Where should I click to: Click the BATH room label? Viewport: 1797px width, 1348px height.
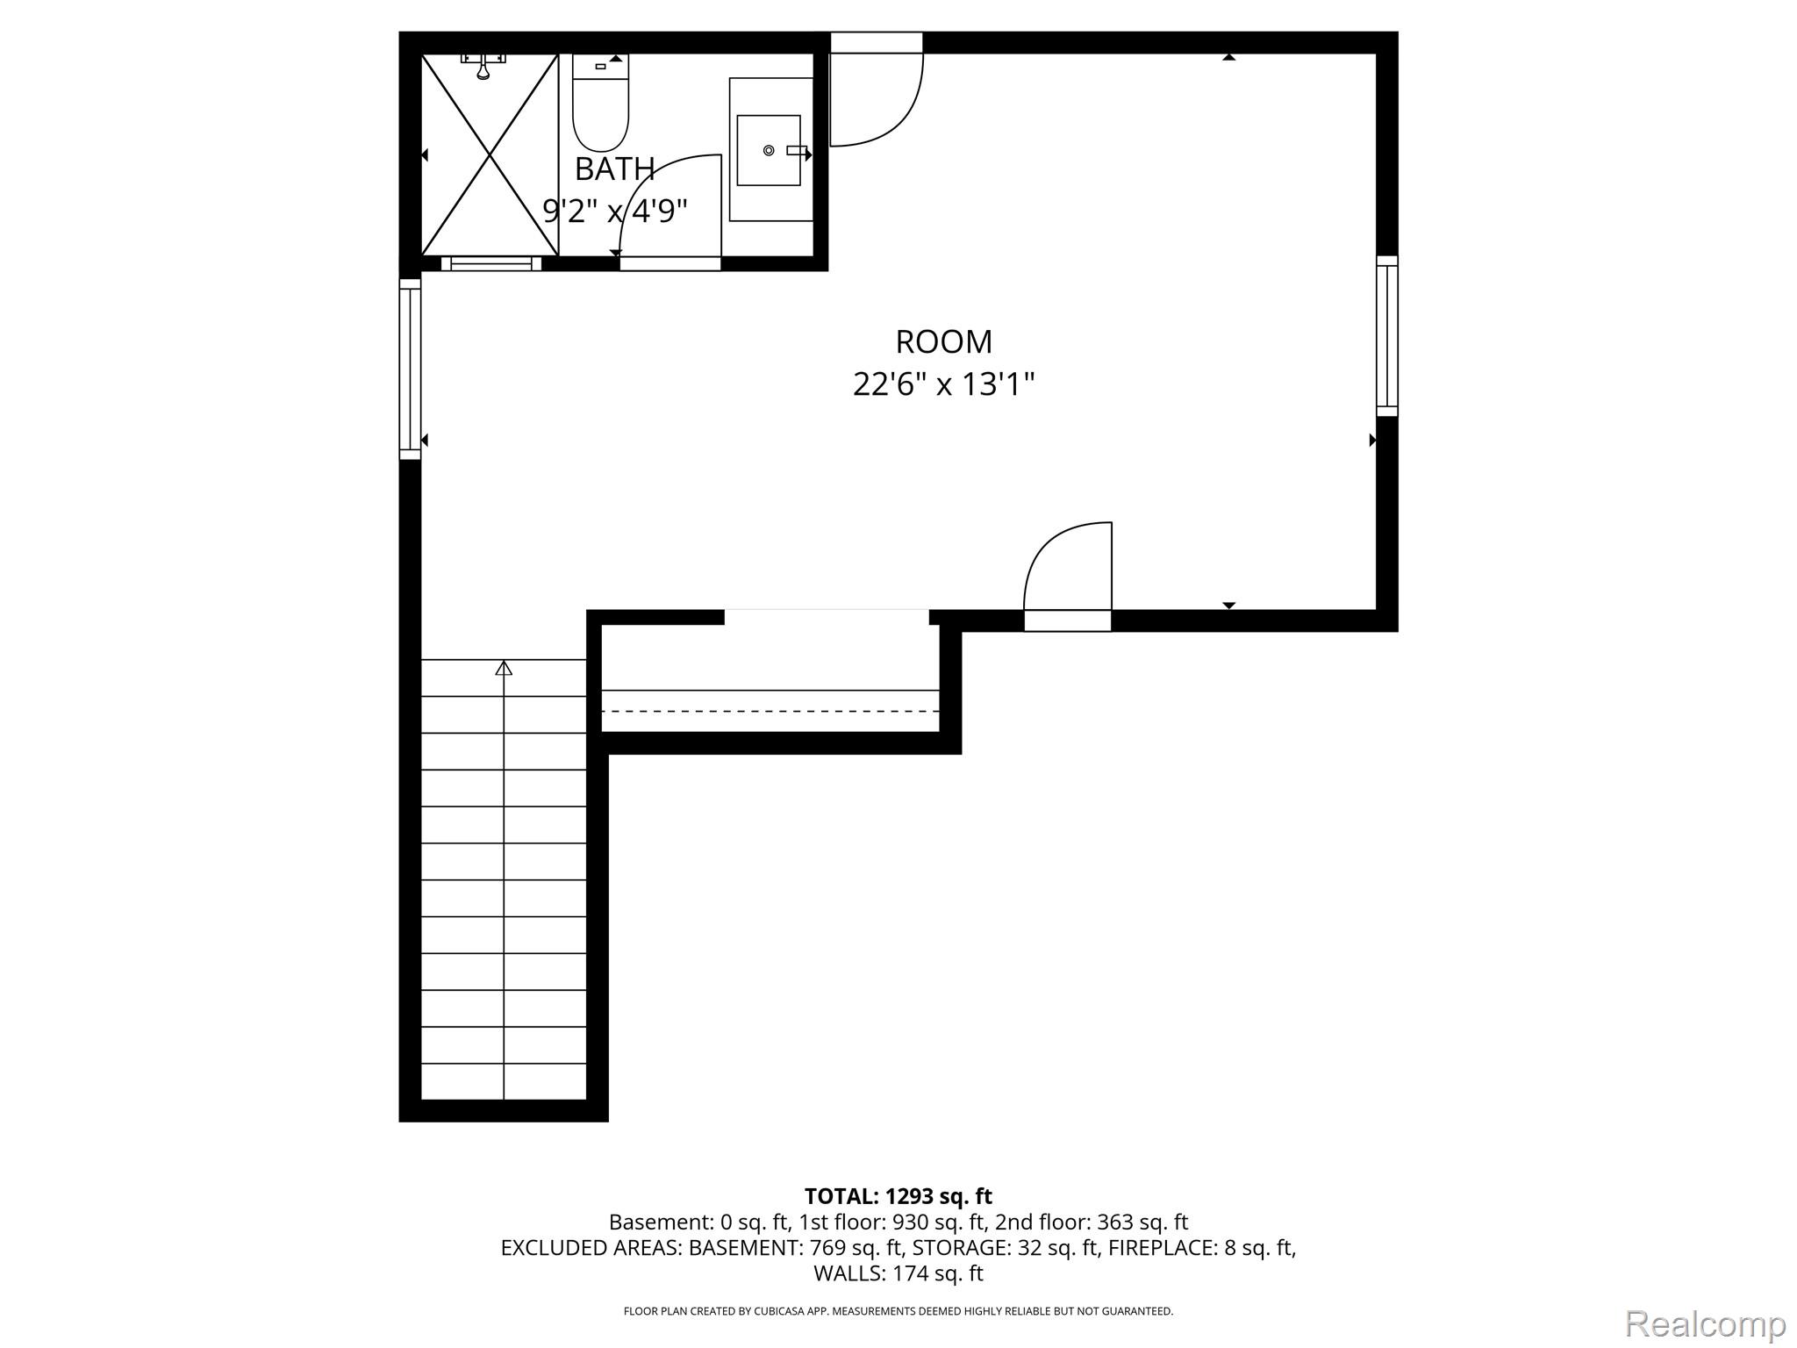click(614, 168)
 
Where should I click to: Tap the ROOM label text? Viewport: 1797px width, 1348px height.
click(943, 341)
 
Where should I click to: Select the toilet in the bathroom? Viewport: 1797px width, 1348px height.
click(600, 103)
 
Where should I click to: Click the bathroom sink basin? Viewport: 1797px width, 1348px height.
click(769, 150)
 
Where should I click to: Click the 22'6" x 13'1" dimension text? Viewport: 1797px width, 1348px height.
click(943, 384)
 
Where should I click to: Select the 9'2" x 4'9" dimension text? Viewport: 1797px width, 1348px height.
click(614, 211)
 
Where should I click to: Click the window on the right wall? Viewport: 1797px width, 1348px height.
click(1386, 336)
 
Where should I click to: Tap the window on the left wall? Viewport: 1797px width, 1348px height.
click(410, 369)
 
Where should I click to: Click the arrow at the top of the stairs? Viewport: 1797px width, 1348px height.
click(504, 669)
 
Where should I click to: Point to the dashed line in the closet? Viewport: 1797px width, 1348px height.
click(770, 711)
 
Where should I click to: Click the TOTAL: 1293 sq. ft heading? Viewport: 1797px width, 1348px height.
click(898, 1196)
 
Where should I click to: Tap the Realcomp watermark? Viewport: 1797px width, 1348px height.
click(1706, 1323)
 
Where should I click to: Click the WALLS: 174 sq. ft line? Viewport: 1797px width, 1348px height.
click(898, 1273)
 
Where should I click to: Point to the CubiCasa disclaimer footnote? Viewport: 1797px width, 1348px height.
click(898, 1311)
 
